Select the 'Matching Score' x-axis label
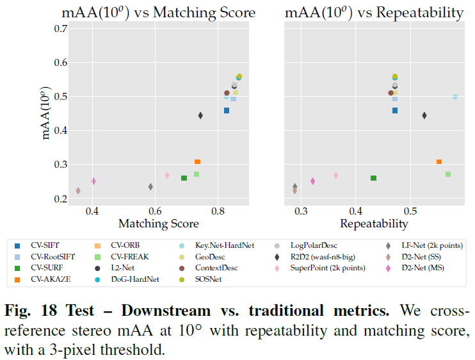[x=158, y=224]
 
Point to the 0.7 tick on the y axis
[x=61, y=29]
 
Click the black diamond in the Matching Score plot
[x=200, y=115]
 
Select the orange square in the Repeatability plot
[x=439, y=162]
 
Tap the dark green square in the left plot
[x=184, y=178]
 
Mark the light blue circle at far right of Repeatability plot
[x=455, y=97]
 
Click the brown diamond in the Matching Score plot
[x=78, y=190]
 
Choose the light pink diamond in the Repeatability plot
[x=335, y=175]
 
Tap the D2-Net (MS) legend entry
[x=423, y=267]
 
